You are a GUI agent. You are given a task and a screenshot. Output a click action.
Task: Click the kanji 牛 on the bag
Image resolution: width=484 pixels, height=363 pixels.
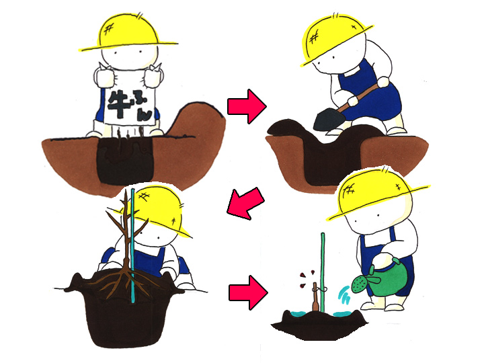[x=118, y=104]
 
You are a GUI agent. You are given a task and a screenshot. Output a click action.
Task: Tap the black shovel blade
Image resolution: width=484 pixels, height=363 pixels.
[x=329, y=120]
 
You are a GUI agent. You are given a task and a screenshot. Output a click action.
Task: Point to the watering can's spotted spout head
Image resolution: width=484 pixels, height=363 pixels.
[x=359, y=284]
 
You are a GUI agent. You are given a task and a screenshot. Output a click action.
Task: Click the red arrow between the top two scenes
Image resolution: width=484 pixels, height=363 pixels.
[x=247, y=106]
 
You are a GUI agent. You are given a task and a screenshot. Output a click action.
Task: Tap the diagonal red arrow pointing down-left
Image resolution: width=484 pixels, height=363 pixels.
[x=245, y=203]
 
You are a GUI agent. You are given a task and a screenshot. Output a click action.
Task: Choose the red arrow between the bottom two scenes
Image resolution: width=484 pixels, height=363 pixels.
[x=248, y=292]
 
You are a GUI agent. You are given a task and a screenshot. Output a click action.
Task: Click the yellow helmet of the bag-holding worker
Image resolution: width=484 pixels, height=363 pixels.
[x=129, y=32]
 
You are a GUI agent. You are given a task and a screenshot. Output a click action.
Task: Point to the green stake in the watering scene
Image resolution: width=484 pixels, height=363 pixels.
[x=323, y=272]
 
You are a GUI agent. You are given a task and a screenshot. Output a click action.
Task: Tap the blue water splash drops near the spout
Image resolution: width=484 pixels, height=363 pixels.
[x=344, y=294]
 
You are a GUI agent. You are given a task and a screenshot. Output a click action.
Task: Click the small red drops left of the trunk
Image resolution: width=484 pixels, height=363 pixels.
[x=307, y=278]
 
